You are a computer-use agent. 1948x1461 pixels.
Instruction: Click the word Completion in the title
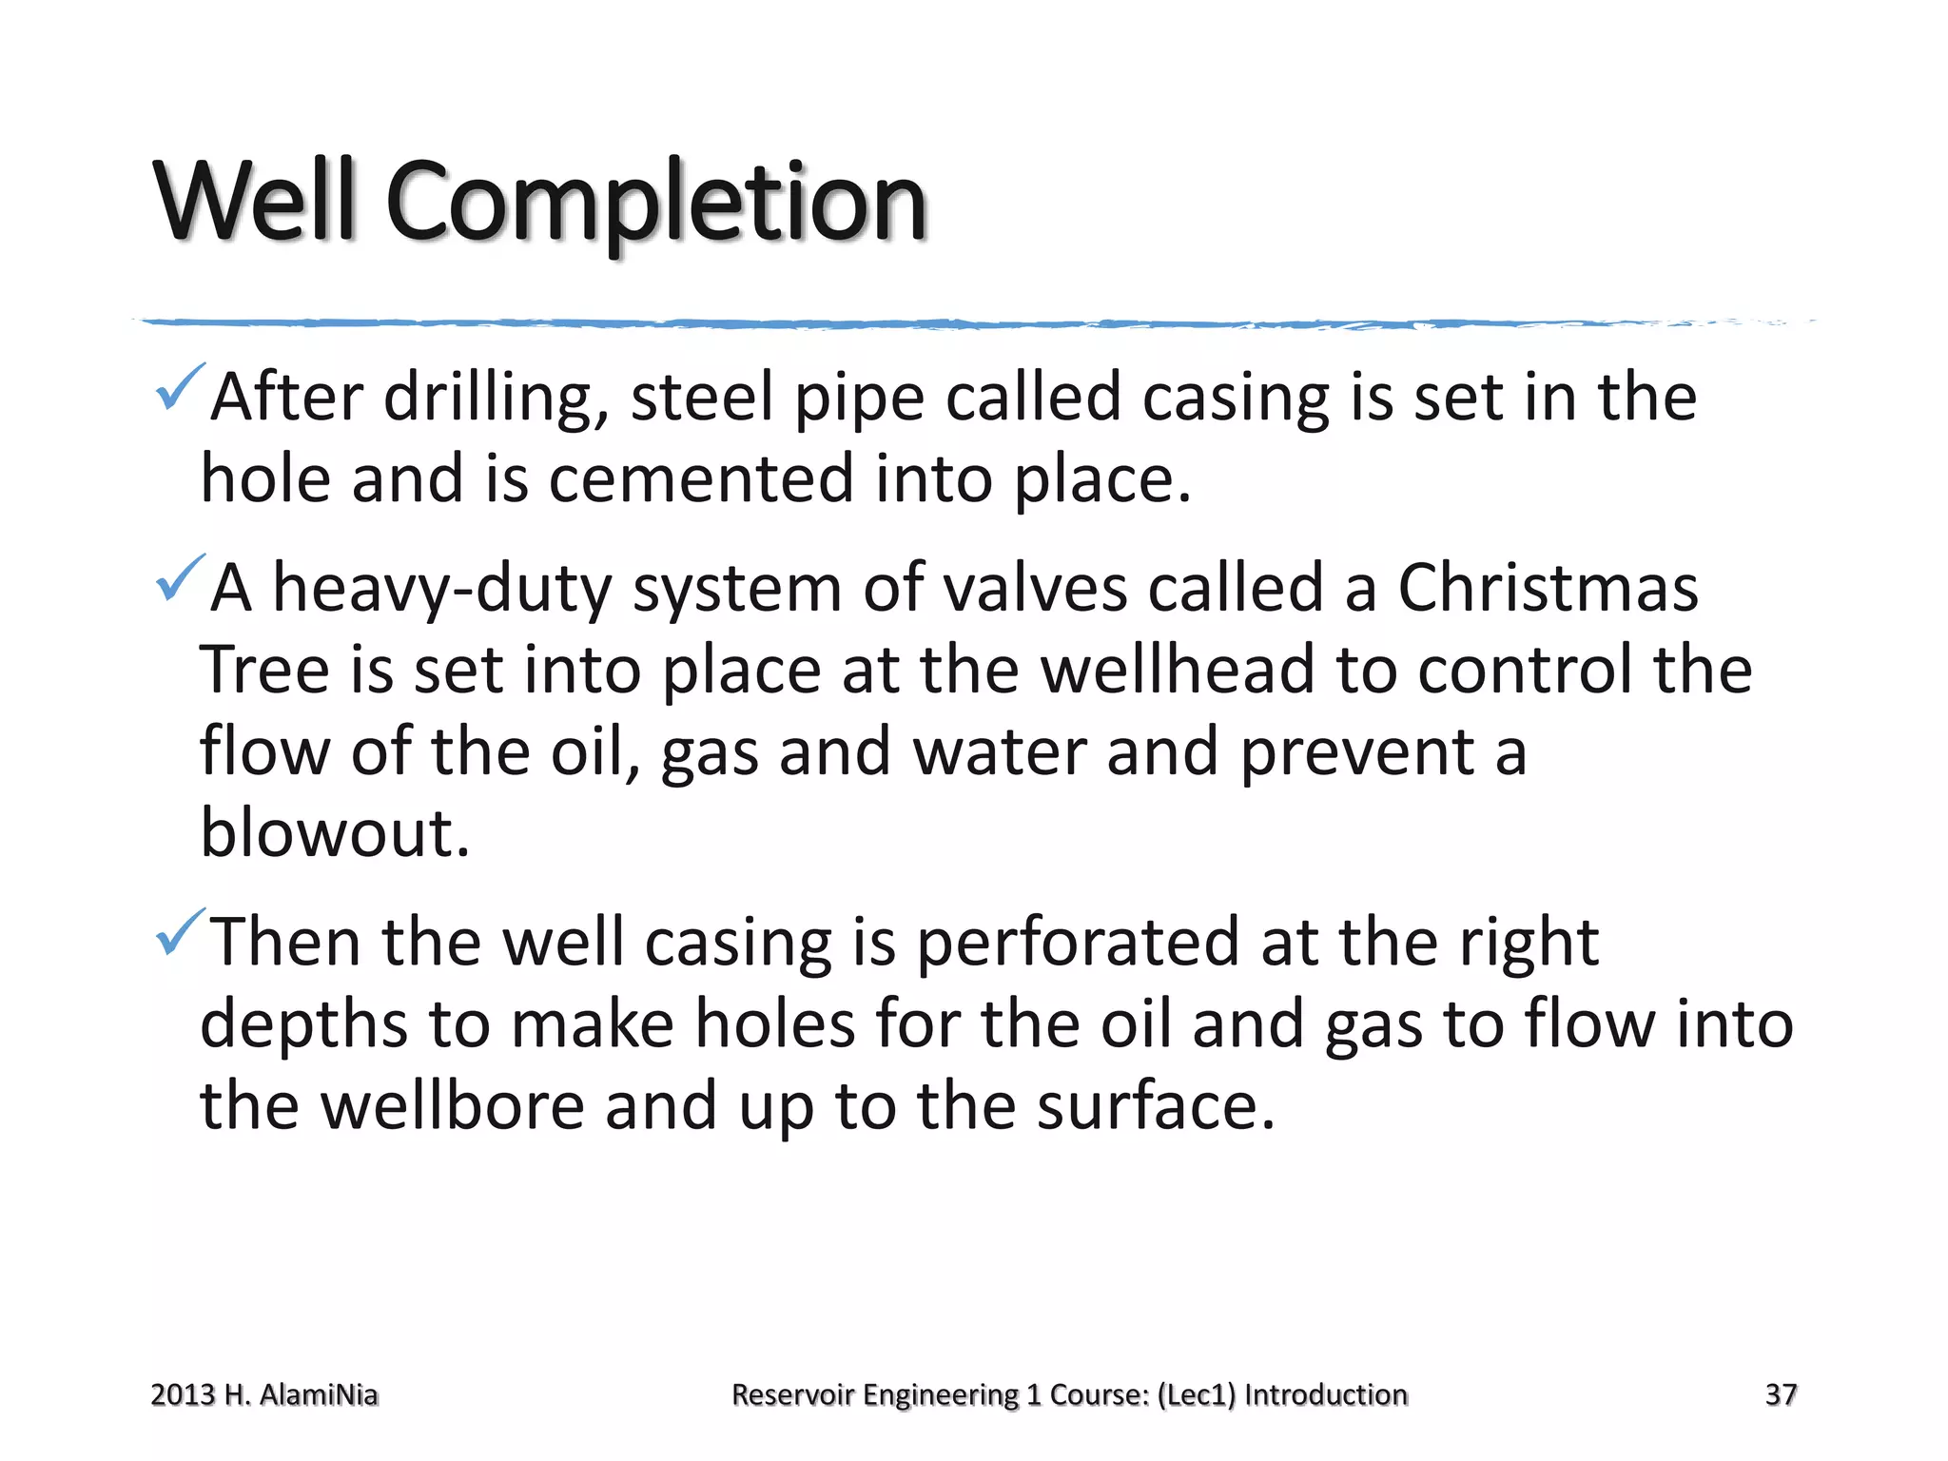pyautogui.click(x=655, y=202)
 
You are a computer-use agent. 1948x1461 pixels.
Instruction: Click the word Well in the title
pyautogui.click(x=255, y=202)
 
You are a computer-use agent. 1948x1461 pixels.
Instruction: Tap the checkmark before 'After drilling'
pyautogui.click(x=179, y=387)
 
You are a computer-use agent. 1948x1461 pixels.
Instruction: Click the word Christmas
pyautogui.click(x=1548, y=588)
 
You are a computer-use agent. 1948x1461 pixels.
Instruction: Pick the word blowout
pyautogui.click(x=335, y=833)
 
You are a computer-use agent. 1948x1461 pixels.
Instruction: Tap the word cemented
pyautogui.click(x=701, y=478)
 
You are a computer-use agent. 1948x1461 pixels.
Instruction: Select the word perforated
pyautogui.click(x=1078, y=943)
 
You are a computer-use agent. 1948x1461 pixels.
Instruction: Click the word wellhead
pyautogui.click(x=1177, y=670)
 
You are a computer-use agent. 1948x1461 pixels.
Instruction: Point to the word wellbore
pyautogui.click(x=452, y=1106)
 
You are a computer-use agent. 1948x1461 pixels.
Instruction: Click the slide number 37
pyautogui.click(x=1781, y=1394)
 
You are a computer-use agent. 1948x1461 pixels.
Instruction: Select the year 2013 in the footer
pyautogui.click(x=183, y=1394)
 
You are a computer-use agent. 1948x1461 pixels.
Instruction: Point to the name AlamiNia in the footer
pyautogui.click(x=319, y=1394)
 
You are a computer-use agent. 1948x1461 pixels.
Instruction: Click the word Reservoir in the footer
pyautogui.click(x=792, y=1394)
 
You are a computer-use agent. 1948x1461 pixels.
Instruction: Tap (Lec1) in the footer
pyautogui.click(x=1197, y=1394)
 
